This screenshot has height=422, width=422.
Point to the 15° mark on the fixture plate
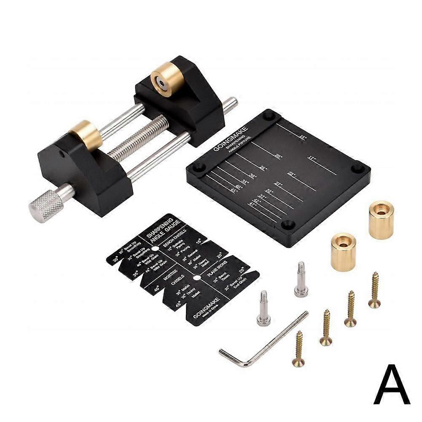pyautogui.click(x=303, y=137)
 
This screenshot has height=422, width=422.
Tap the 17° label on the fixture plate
pyautogui.click(x=312, y=159)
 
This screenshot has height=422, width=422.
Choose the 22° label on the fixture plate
pyautogui.click(x=291, y=174)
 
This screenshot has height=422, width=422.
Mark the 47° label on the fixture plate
pyautogui.click(x=253, y=204)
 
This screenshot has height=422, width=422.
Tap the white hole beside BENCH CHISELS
pyautogui.click(x=155, y=250)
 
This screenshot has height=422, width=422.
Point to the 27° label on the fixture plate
pyautogui.click(x=278, y=184)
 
